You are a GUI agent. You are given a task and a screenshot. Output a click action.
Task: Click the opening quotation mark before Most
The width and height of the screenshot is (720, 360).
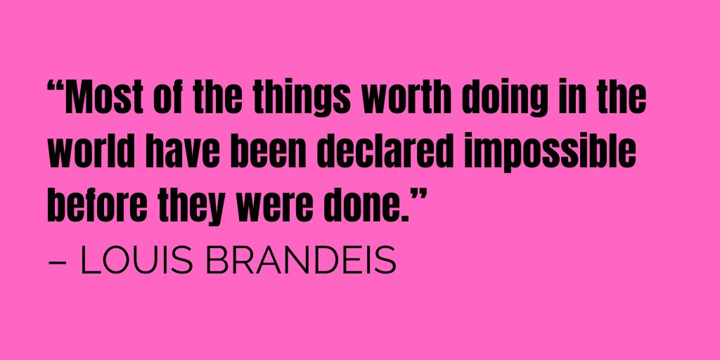tap(57, 90)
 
